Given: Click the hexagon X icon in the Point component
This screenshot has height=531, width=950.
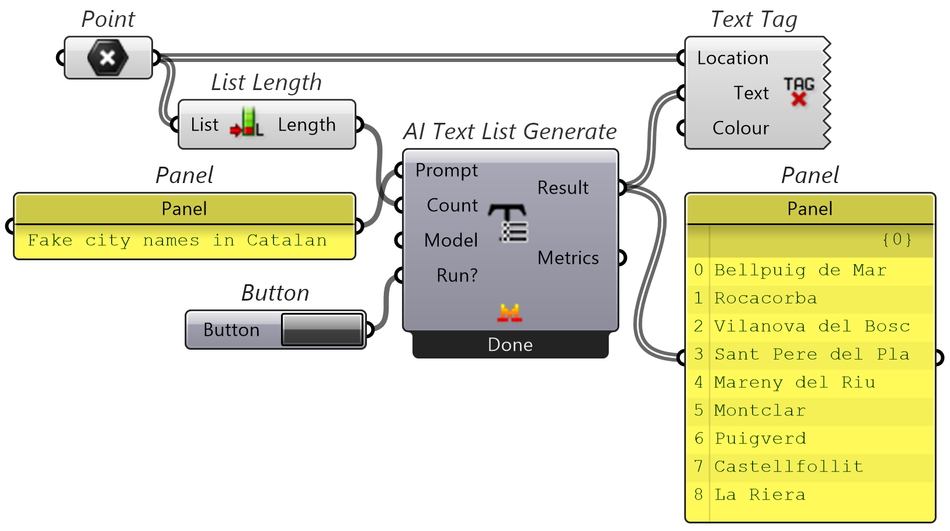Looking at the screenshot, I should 108,57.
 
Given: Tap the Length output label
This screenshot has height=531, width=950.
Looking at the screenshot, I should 307,125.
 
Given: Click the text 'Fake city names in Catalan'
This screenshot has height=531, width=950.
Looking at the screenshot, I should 177,240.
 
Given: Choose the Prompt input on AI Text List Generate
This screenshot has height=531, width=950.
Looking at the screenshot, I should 446,170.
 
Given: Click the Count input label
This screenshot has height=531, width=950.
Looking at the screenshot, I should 452,205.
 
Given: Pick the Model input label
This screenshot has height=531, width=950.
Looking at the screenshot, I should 451,240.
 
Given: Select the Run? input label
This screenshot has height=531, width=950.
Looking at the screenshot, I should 457,275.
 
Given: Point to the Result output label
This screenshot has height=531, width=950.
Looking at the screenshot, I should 563,188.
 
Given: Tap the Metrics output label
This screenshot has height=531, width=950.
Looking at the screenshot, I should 568,258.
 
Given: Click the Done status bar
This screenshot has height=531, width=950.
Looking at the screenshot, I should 510,345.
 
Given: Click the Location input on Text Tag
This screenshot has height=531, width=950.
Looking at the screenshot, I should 733,58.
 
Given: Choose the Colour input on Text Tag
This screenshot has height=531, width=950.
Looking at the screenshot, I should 741,128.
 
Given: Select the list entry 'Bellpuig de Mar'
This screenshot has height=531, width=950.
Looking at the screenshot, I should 800,270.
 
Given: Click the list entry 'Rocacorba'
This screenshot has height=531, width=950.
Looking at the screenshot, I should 765,298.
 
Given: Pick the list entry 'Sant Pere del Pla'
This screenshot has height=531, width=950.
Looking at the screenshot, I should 812,354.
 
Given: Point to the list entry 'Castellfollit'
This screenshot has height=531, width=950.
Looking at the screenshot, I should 789,467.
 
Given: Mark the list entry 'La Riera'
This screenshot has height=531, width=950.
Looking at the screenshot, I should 760,495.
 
